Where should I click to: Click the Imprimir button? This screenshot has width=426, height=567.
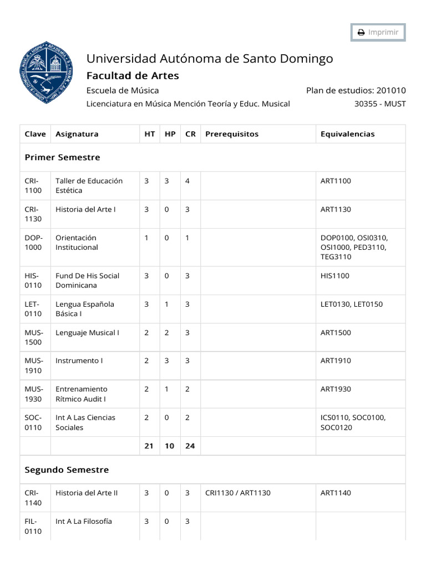[378, 32]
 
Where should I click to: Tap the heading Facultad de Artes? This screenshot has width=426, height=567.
[133, 76]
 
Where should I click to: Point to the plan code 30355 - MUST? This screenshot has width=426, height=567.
[380, 104]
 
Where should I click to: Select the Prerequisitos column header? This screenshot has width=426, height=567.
[231, 134]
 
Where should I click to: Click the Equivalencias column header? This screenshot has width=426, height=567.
[347, 134]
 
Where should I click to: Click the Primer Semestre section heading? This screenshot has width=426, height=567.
[63, 157]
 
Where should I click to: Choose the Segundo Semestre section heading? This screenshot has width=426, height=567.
[67, 470]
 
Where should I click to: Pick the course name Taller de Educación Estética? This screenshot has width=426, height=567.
[89, 185]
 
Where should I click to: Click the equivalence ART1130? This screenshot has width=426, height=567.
[336, 209]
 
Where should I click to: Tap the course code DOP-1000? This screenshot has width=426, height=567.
[33, 243]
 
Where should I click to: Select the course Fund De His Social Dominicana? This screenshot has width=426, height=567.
[87, 280]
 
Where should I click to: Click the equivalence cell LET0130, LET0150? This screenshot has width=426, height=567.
[351, 304]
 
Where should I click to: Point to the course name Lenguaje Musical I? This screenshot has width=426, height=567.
[87, 333]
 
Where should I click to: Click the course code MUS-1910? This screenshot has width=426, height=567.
[33, 365]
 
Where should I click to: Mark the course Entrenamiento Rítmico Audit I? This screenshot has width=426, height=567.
[81, 394]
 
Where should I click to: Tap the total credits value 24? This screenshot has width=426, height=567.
[190, 445]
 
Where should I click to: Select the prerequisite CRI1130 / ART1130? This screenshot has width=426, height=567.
[237, 493]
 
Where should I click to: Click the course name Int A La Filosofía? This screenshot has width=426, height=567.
[83, 521]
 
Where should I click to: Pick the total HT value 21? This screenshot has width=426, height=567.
[149, 445]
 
